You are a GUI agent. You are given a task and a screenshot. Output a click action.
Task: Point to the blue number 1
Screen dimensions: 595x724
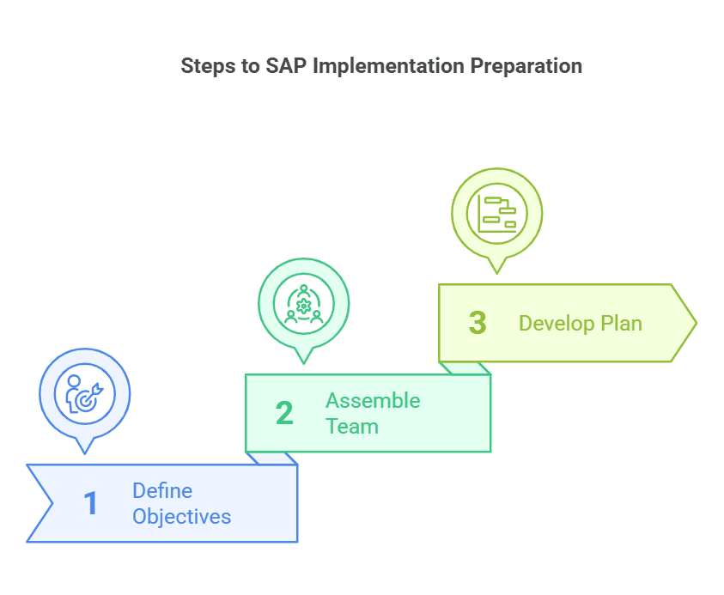pyautogui.click(x=90, y=504)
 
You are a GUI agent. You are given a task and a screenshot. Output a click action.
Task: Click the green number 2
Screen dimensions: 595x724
pyautogui.click(x=284, y=413)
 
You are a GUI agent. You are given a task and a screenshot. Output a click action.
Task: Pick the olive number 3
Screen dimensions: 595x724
pyautogui.click(x=478, y=323)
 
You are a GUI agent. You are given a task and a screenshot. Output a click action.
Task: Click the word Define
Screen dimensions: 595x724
pyautogui.click(x=161, y=491)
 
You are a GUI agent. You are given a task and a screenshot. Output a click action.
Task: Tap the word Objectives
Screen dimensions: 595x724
pyautogui.click(x=181, y=517)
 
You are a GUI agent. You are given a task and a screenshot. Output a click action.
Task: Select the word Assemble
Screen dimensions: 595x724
pyautogui.click(x=373, y=401)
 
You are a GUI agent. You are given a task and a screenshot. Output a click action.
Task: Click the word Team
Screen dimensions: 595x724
pyautogui.click(x=351, y=427)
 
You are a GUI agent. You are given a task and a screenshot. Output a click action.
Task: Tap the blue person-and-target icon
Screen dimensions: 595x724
pyautogui.click(x=84, y=393)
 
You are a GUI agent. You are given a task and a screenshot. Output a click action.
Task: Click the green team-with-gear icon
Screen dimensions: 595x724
pyautogui.click(x=303, y=303)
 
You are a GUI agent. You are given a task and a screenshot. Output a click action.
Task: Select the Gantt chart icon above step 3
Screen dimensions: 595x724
pyautogui.click(x=496, y=213)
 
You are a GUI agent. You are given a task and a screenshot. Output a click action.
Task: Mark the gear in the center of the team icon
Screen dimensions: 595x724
pyautogui.click(x=303, y=304)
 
